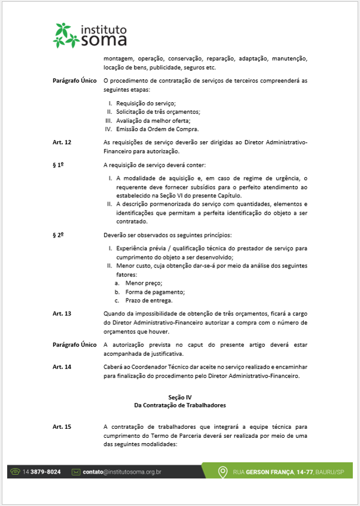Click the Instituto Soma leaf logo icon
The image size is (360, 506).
click(66, 35)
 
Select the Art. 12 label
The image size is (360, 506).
click(62, 142)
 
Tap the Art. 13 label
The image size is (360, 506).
click(62, 313)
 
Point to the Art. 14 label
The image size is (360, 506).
click(62, 367)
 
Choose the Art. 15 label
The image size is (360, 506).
click(62, 427)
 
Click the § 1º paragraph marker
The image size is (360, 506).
click(59, 164)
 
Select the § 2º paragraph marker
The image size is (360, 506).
click(59, 234)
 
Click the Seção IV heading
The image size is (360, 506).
click(179, 397)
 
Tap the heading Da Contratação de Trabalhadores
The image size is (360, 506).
click(179, 405)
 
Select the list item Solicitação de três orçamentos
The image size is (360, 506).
click(150, 112)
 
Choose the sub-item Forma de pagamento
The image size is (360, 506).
click(155, 291)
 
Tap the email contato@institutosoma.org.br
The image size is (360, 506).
click(122, 472)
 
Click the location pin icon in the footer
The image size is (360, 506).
click(222, 471)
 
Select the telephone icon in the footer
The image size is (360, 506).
click(16, 472)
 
